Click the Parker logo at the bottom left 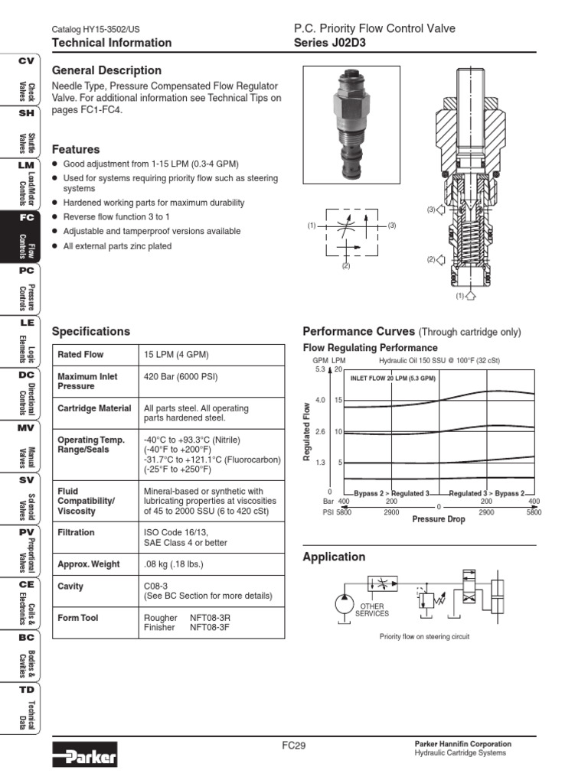[84, 757]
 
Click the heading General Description [106, 70]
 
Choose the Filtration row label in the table [76, 532]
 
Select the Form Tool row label [77, 618]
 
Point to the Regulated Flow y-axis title [307, 432]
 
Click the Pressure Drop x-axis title [439, 518]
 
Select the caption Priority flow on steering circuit [424, 636]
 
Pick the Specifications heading [90, 331]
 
